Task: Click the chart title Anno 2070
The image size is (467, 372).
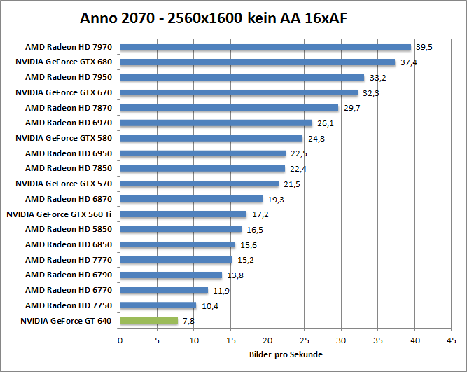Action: click(x=213, y=17)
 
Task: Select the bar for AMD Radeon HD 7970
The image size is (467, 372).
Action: click(x=265, y=47)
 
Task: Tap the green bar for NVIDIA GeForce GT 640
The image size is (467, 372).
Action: click(x=149, y=321)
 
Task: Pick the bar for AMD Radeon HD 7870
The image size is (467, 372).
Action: click(x=229, y=108)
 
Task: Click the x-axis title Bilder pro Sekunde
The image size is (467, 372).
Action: click(x=286, y=354)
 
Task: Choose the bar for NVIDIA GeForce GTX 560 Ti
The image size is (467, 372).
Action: click(x=183, y=214)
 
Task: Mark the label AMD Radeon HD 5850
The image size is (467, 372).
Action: click(x=69, y=229)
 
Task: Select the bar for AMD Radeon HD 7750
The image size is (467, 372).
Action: click(x=158, y=305)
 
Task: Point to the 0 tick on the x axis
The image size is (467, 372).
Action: click(x=120, y=340)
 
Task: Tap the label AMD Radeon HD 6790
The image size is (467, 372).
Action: click(x=69, y=275)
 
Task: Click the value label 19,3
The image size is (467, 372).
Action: click(x=275, y=200)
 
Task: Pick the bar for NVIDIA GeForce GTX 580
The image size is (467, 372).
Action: click(x=211, y=138)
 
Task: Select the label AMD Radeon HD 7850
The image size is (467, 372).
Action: click(x=69, y=168)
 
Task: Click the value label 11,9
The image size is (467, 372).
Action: click(x=221, y=291)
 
